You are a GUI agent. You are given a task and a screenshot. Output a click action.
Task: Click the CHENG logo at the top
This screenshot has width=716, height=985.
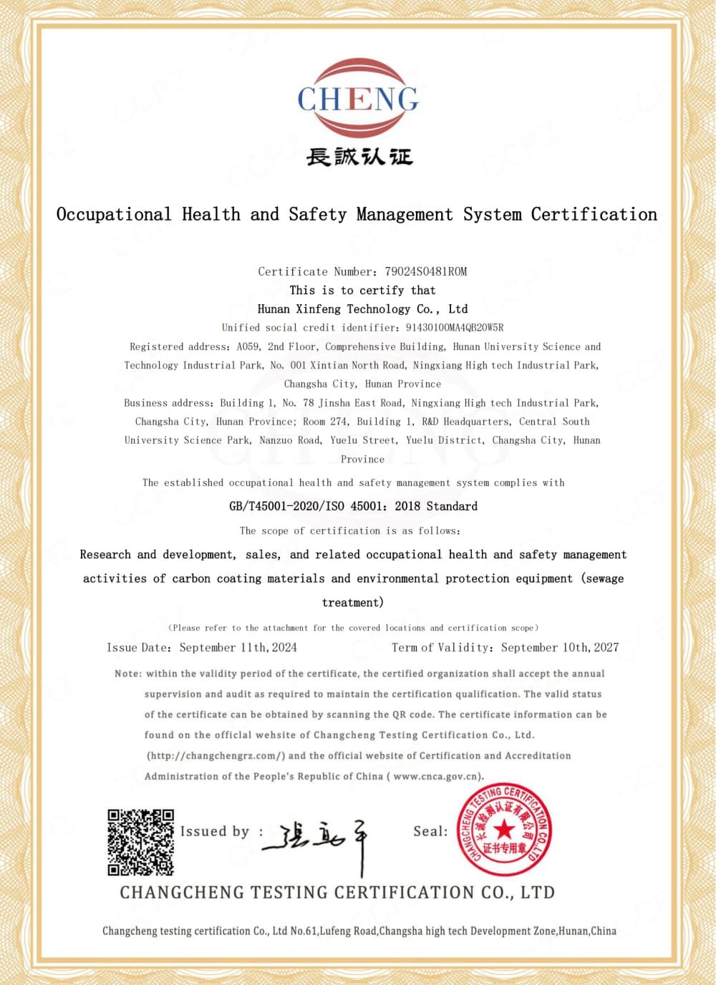358,99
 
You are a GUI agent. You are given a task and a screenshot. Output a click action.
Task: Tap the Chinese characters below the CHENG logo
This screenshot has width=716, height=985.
359,156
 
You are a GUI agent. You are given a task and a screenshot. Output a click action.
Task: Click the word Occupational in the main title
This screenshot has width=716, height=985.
114,214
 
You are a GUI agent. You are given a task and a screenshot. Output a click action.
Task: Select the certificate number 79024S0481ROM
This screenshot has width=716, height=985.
425,271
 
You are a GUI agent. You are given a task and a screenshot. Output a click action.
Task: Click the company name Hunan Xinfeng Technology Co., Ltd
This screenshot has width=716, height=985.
362,309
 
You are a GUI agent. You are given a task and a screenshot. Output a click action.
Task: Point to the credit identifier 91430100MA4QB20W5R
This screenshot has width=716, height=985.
455,328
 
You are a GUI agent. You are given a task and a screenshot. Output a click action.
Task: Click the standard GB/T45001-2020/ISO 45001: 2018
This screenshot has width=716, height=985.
353,506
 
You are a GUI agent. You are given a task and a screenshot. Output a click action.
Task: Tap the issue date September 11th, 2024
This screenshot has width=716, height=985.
238,648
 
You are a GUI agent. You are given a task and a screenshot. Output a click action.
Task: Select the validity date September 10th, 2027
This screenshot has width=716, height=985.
560,648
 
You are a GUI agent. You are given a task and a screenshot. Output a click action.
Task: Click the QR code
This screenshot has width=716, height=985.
141,842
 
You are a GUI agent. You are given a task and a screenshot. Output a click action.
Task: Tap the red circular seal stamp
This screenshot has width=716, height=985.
505,830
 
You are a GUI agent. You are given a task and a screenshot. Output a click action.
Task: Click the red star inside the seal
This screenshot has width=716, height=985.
504,830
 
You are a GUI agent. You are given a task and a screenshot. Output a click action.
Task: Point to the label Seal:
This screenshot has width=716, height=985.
430,831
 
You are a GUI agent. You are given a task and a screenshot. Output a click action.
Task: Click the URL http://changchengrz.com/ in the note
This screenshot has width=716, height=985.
216,756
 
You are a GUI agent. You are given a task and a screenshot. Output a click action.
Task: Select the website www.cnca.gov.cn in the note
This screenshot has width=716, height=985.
437,777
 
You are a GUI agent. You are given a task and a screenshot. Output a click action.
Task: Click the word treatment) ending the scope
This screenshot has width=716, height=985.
353,603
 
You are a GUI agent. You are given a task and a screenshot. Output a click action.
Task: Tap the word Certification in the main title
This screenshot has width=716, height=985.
594,214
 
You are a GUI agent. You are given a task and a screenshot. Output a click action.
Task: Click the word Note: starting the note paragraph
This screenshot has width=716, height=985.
128,674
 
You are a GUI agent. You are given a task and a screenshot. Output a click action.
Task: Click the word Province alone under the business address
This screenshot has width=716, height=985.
362,460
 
